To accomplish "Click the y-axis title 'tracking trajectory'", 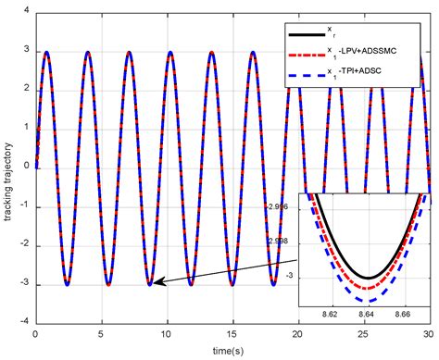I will [x=10, y=167].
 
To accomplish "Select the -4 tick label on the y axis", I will [x=24, y=323].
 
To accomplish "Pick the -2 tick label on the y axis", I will [x=24, y=245].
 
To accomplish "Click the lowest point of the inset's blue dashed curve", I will [x=368, y=302].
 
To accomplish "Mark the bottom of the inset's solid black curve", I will [x=368, y=278].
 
